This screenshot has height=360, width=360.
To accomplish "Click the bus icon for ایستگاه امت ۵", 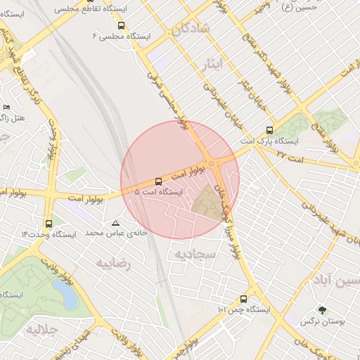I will pos(158,181).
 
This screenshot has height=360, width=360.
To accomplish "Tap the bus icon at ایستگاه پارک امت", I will pos(269,130).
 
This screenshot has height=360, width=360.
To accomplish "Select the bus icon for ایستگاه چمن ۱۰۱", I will pos(244,299).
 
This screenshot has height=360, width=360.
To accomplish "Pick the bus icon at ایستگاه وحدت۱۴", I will pos(48,224).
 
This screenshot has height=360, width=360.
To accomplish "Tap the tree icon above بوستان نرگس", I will pos(322,310).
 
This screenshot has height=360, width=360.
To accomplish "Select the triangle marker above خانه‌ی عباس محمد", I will pos(116,223).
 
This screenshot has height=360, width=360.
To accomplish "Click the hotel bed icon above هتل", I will pos(7,108).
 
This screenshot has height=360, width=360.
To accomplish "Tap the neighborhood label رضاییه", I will pos(114,264).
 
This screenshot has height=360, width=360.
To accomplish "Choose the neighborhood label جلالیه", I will pos(41,329).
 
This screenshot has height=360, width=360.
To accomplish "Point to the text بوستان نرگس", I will pos(323,322).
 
